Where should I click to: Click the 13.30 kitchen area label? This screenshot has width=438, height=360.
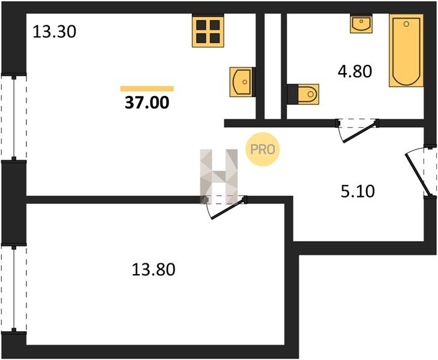[55, 32]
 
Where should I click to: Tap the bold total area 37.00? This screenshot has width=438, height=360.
[147, 102]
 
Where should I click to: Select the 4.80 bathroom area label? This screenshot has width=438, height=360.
[355, 71]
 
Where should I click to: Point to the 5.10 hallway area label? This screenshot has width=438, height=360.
[358, 191]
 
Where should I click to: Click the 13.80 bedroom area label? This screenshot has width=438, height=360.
[154, 269]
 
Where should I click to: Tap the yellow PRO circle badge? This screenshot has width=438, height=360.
[262, 149]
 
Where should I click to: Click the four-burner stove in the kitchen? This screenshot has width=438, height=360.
[208, 31]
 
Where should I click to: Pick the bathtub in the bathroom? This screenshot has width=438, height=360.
[406, 50]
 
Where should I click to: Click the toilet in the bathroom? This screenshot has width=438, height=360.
[303, 94]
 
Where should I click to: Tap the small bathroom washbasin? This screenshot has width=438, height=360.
[361, 23]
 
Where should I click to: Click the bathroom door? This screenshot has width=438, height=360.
[357, 130]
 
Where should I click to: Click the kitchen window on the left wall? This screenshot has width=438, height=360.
[14, 117]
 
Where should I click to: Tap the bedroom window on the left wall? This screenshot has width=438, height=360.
[14, 289]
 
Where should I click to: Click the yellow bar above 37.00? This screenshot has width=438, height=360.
[147, 89]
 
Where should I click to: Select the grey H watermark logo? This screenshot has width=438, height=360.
[219, 176]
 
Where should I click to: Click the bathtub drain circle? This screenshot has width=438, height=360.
[406, 24]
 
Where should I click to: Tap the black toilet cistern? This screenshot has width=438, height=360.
[292, 94]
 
